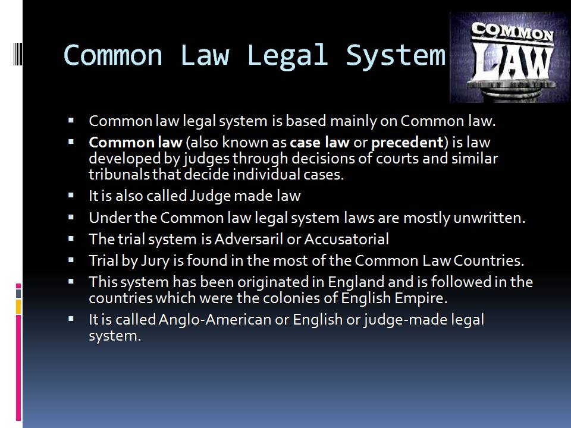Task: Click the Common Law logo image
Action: (509, 58)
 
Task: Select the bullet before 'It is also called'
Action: (71, 195)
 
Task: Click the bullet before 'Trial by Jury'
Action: (71, 260)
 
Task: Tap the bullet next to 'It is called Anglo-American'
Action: (71, 319)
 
